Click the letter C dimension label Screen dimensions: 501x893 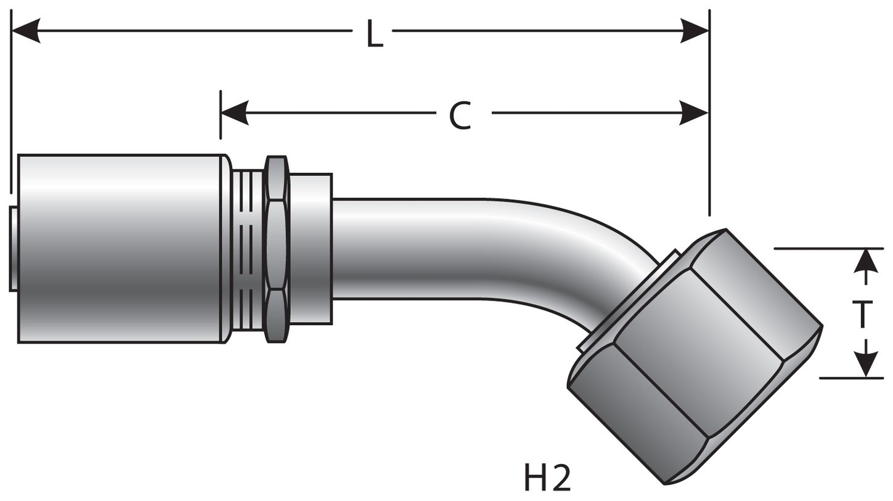click(x=460, y=115)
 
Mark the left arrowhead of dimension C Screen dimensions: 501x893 click(x=234, y=113)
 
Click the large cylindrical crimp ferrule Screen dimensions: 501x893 click(x=120, y=248)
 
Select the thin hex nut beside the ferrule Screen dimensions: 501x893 click(x=276, y=248)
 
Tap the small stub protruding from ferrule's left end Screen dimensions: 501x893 click(x=14, y=248)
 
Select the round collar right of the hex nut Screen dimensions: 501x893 click(x=311, y=248)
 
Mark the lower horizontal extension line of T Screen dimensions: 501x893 click(x=850, y=378)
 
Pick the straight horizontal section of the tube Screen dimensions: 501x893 click(x=419, y=248)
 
